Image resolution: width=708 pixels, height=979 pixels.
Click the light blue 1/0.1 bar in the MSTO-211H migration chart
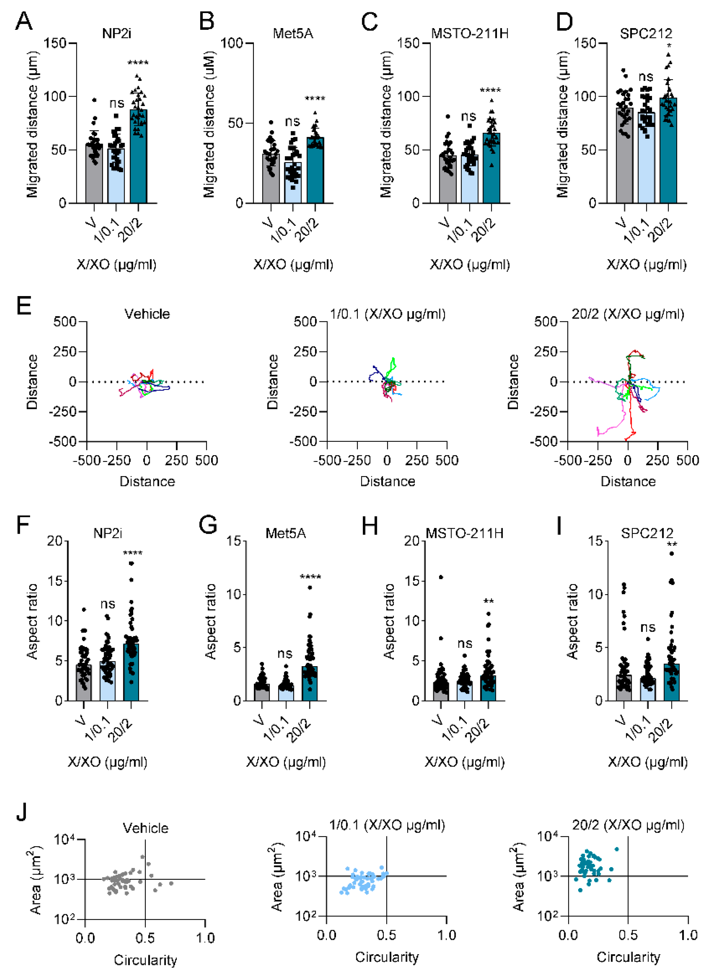(x=469, y=179)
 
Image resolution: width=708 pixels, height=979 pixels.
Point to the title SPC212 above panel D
(x=646, y=33)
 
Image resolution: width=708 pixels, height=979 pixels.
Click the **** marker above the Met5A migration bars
(x=315, y=99)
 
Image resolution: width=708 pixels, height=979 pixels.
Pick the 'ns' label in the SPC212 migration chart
(x=646, y=77)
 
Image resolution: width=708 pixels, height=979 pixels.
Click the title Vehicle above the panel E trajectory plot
(x=147, y=314)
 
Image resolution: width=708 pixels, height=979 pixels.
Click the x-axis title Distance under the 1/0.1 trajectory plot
(x=387, y=481)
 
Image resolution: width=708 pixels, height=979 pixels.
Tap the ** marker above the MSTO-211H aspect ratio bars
(x=488, y=601)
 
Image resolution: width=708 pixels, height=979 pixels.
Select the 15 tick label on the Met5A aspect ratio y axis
(x=234, y=541)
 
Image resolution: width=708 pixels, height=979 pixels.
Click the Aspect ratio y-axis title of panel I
(x=573, y=622)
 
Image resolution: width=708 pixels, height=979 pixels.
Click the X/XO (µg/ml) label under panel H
(x=465, y=762)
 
